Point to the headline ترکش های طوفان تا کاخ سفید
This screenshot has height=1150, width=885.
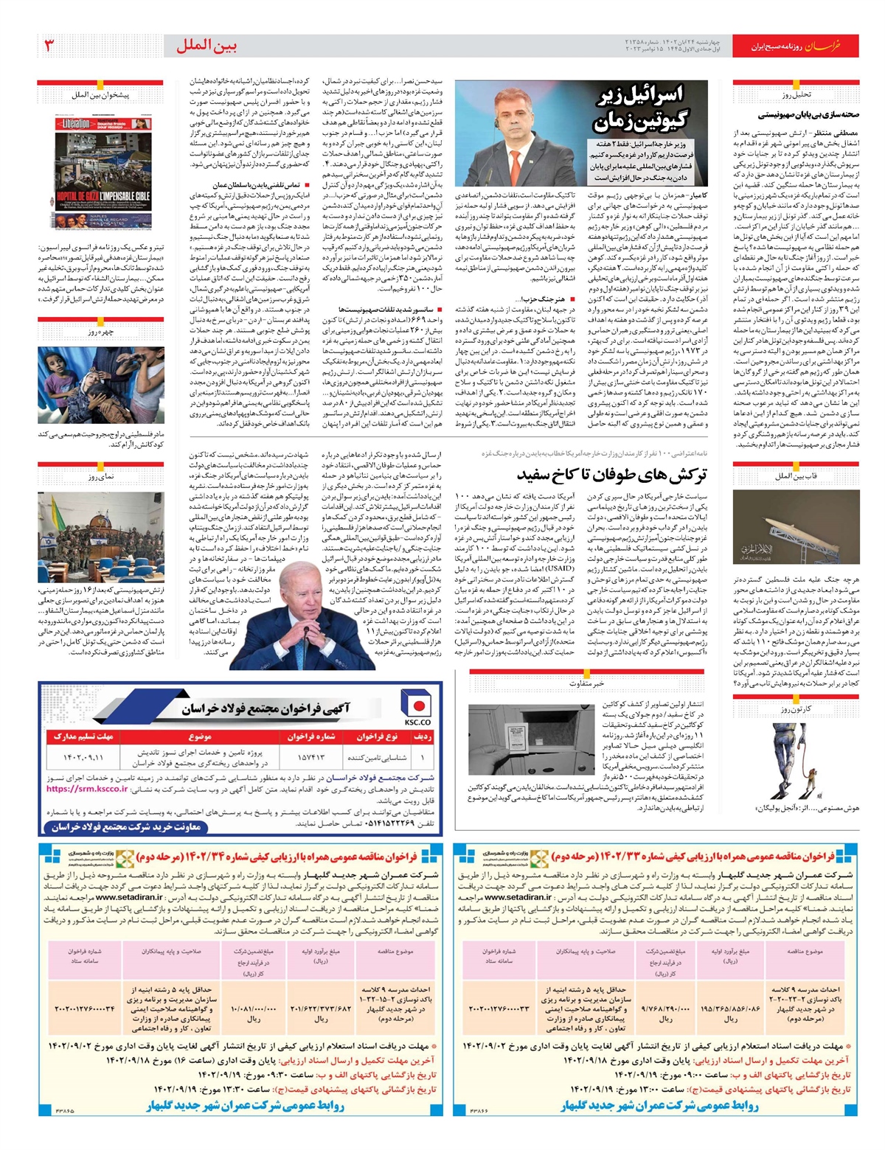[611, 473]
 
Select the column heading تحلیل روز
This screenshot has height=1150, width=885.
[796, 94]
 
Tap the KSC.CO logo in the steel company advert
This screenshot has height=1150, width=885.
[417, 708]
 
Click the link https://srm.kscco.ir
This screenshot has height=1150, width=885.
[87, 788]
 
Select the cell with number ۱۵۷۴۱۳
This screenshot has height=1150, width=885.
[310, 757]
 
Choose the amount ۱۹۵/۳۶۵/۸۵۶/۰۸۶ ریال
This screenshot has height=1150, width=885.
[730, 1008]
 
